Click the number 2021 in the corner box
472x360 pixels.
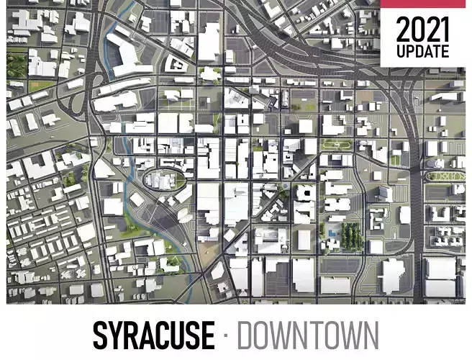click(x=423, y=30)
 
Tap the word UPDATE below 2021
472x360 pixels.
click(x=423, y=52)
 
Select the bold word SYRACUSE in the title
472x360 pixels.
click(x=153, y=336)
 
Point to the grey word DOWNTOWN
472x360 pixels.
click(x=307, y=336)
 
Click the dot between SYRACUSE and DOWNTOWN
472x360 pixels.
click(x=225, y=336)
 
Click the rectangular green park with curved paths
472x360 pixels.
click(x=336, y=143)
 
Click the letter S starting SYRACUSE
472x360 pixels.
click(x=101, y=336)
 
